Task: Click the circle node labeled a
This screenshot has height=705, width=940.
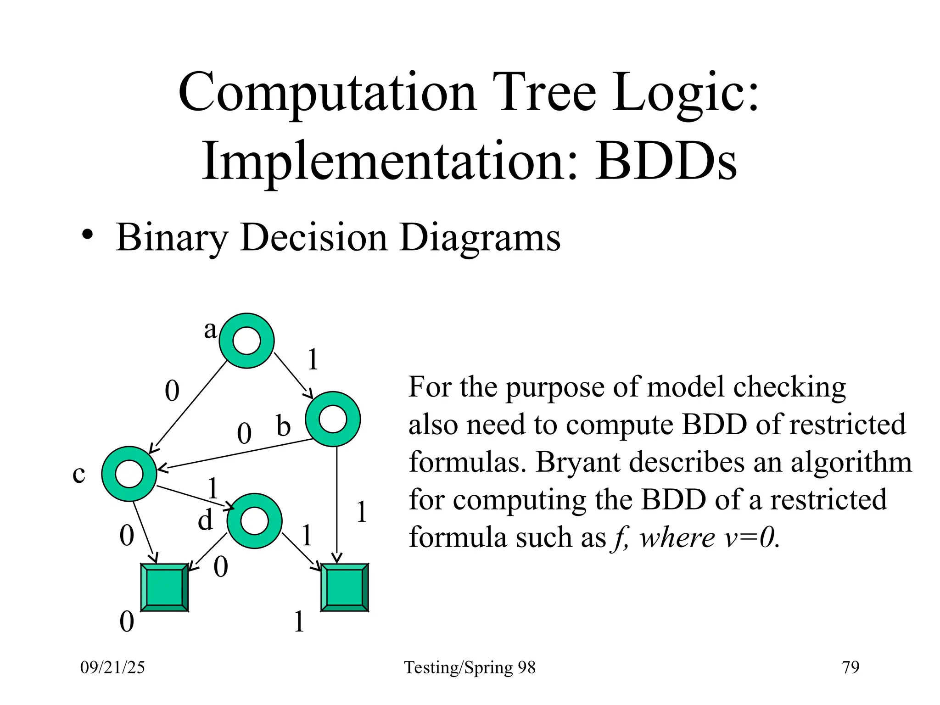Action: click(246, 341)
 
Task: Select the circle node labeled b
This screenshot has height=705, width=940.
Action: click(333, 419)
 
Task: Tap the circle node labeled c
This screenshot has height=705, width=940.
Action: click(129, 474)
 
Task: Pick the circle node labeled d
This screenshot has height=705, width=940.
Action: click(254, 521)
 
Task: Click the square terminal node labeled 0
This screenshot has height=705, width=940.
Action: click(164, 587)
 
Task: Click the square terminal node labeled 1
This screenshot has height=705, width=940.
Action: click(344, 587)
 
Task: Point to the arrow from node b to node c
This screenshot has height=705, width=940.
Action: click(234, 455)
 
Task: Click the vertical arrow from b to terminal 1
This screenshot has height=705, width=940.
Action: click(337, 505)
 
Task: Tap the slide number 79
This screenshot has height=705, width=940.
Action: click(850, 667)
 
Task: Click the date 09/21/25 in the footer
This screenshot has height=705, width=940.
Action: click(112, 667)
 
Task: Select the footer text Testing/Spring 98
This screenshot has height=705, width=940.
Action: click(470, 667)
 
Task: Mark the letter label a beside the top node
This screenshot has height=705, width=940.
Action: click(210, 330)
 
